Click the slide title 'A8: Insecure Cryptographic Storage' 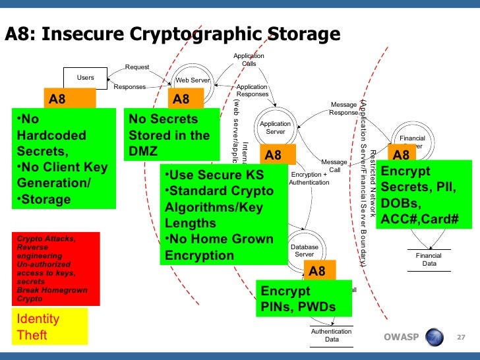pyautogui.click(x=173, y=34)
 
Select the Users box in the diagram pyautogui.click(x=85, y=78)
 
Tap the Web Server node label pyautogui.click(x=192, y=80)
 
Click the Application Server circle pyautogui.click(x=275, y=127)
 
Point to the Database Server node pyautogui.click(x=304, y=251)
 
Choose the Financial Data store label pyautogui.click(x=429, y=259)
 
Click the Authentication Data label pyautogui.click(x=331, y=336)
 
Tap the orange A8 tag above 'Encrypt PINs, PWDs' pyautogui.click(x=317, y=271)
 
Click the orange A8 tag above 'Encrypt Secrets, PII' pyautogui.click(x=401, y=154)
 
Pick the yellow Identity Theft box pyautogui.click(x=50, y=326)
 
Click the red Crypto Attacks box pyautogui.click(x=55, y=268)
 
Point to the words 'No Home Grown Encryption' pyautogui.click(x=218, y=247)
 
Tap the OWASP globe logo pyautogui.click(x=435, y=338)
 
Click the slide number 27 pyautogui.click(x=461, y=338)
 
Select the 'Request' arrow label pyautogui.click(x=137, y=67)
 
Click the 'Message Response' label pyautogui.click(x=344, y=109)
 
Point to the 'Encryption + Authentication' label pyautogui.click(x=309, y=178)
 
